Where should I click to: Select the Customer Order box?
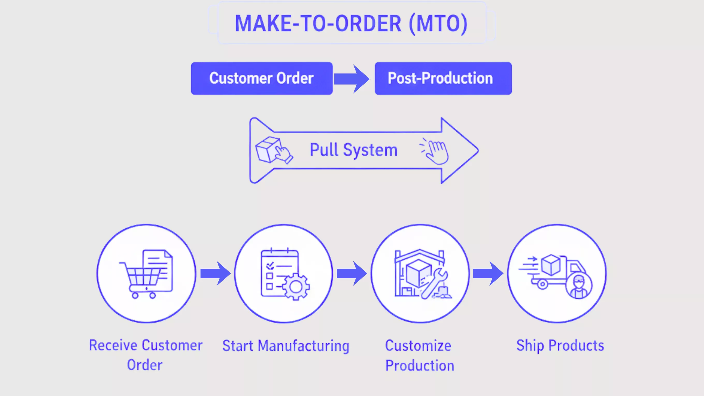point(261,78)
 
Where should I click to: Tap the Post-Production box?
point(443,78)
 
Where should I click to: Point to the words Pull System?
point(353,150)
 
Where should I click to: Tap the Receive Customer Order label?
point(145,355)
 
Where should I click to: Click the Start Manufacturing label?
point(285,346)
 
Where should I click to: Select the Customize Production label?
point(419,355)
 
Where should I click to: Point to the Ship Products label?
point(560,345)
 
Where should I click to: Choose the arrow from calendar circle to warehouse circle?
point(352,273)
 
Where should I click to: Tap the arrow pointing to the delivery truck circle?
point(488,273)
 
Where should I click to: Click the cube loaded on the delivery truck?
point(551,265)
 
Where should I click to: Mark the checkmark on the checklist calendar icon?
point(270,265)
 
